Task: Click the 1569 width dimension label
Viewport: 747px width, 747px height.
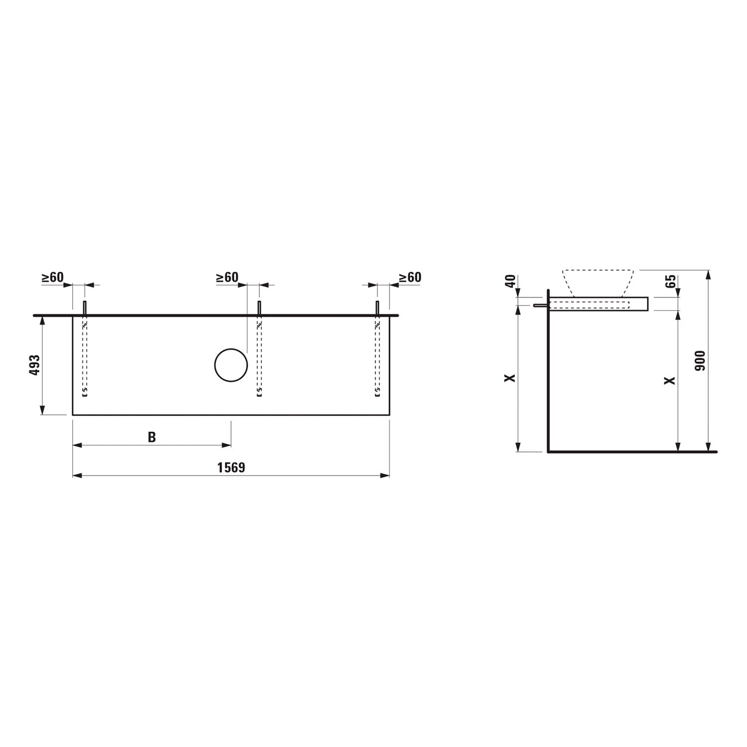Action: pyautogui.click(x=231, y=468)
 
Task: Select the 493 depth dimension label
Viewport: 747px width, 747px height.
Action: pyautogui.click(x=35, y=365)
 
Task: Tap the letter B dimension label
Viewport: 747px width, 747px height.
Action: pyautogui.click(x=152, y=437)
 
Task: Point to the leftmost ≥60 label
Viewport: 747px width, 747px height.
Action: pyautogui.click(x=52, y=277)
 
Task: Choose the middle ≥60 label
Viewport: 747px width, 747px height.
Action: pyautogui.click(x=227, y=277)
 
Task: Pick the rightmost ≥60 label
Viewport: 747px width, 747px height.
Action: pyautogui.click(x=410, y=277)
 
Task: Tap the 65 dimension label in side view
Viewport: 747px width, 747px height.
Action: pyautogui.click(x=670, y=281)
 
